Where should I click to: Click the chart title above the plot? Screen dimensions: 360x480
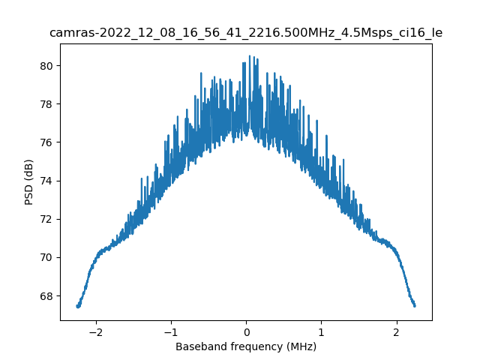246,33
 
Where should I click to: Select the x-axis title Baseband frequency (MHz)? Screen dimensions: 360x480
246,346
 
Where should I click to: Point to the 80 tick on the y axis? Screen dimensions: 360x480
47,66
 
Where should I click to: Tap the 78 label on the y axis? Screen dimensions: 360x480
47,104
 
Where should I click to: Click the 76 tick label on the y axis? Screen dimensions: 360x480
47,142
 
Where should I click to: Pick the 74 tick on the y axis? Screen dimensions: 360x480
47,181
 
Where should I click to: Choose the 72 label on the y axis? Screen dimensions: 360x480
47,219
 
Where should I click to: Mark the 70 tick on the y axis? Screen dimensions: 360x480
47,257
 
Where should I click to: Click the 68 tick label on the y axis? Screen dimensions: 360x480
47,295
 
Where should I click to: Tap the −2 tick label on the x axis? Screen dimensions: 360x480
94,332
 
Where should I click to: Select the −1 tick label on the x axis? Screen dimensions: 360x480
169,332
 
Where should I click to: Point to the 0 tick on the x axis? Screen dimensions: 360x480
246,332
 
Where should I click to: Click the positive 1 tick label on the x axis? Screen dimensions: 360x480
322,332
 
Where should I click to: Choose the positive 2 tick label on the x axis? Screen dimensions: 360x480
397,332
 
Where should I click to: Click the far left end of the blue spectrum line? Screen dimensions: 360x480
77,306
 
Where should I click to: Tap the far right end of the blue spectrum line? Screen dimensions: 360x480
414,305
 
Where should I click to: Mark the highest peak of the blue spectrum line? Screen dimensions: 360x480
250,56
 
